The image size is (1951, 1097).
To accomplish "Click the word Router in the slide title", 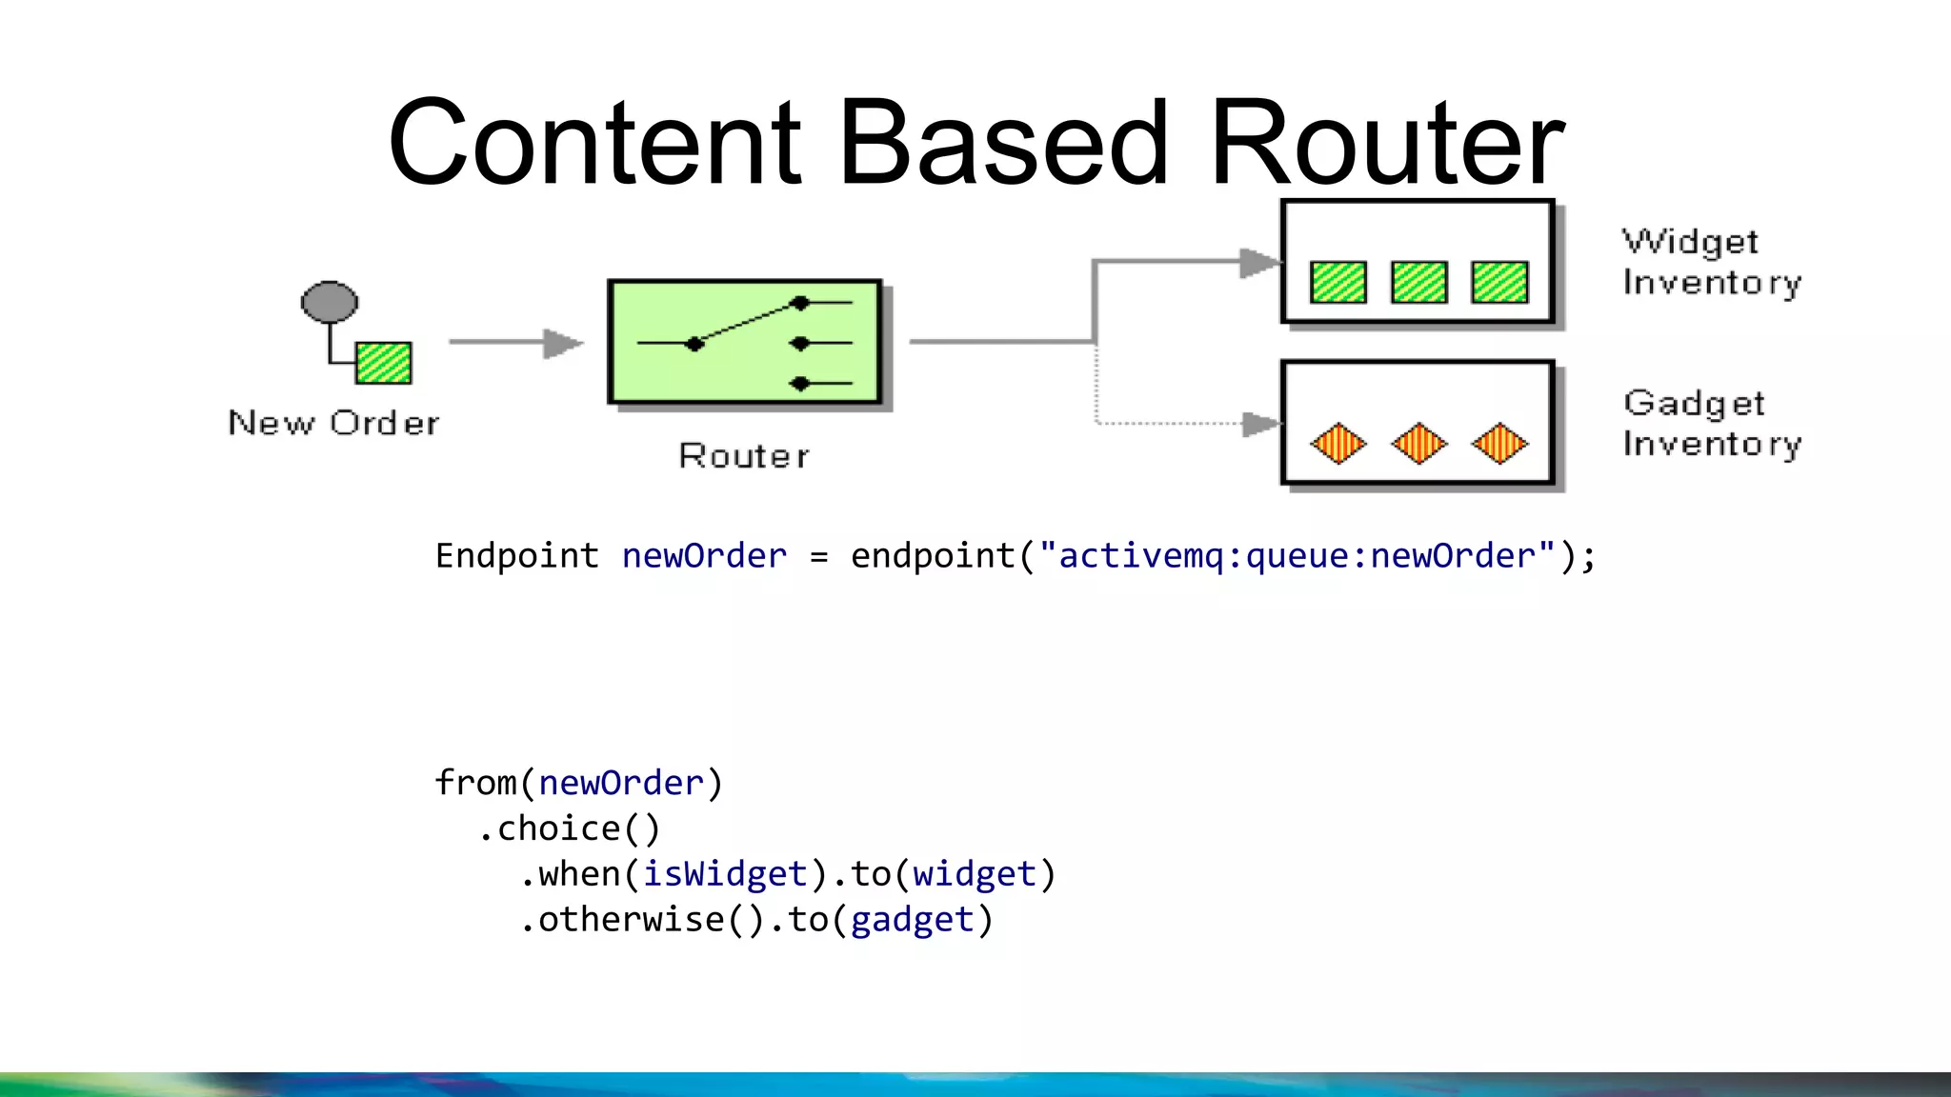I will click(1387, 143).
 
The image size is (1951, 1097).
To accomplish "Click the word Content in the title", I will click(595, 143).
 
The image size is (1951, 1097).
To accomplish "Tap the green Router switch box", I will click(744, 342).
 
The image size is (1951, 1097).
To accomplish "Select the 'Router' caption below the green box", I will click(744, 456).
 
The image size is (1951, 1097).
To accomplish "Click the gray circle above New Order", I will click(330, 302).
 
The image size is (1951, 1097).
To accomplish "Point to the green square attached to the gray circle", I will click(384, 363).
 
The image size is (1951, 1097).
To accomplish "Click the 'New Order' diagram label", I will click(334, 423).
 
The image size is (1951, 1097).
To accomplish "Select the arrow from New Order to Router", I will click(515, 343).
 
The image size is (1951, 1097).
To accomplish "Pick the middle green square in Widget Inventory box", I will click(1419, 282).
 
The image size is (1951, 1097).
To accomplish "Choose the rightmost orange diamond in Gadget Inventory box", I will click(1499, 443).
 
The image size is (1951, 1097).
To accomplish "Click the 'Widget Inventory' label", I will click(1712, 262).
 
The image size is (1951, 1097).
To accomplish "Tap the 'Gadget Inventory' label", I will click(1712, 424).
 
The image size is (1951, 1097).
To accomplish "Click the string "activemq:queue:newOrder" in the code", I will click(1297, 555).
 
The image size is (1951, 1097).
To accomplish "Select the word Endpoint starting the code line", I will click(517, 555).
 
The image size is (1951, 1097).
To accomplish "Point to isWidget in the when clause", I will click(725, 874).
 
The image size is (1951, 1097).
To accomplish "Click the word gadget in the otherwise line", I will click(913, 920).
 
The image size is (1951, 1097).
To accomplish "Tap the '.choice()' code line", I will click(569, 828).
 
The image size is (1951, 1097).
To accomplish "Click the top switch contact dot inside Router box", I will click(800, 303).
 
